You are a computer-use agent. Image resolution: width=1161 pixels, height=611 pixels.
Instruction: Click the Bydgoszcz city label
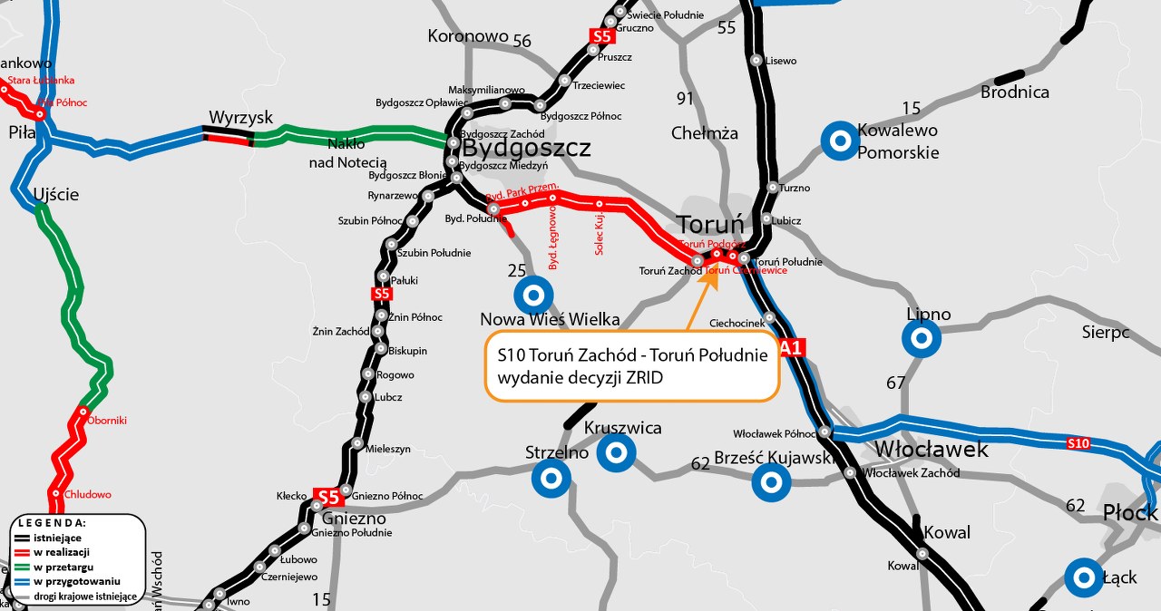click(x=526, y=148)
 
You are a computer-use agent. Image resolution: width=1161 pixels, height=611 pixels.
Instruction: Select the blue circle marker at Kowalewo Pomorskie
click(x=839, y=141)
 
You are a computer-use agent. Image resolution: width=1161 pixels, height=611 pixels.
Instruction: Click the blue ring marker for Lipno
click(x=921, y=340)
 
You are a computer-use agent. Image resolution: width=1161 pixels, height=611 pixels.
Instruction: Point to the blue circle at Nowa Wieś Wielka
click(x=532, y=295)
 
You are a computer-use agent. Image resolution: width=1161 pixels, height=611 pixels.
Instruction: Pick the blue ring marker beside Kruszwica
click(x=616, y=451)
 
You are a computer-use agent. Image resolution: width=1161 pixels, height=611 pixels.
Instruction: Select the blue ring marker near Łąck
click(x=1083, y=577)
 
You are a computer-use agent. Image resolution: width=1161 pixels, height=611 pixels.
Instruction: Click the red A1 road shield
click(x=792, y=347)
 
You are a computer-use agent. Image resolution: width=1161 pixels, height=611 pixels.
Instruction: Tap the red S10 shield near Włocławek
click(x=1078, y=443)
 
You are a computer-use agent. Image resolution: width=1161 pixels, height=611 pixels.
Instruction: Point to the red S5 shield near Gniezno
click(x=327, y=497)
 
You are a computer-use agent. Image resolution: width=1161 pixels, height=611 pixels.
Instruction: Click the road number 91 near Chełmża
click(x=685, y=99)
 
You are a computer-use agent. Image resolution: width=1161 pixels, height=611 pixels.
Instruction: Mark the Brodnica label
click(x=1014, y=92)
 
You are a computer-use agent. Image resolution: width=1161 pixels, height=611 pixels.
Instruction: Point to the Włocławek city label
click(x=932, y=450)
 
